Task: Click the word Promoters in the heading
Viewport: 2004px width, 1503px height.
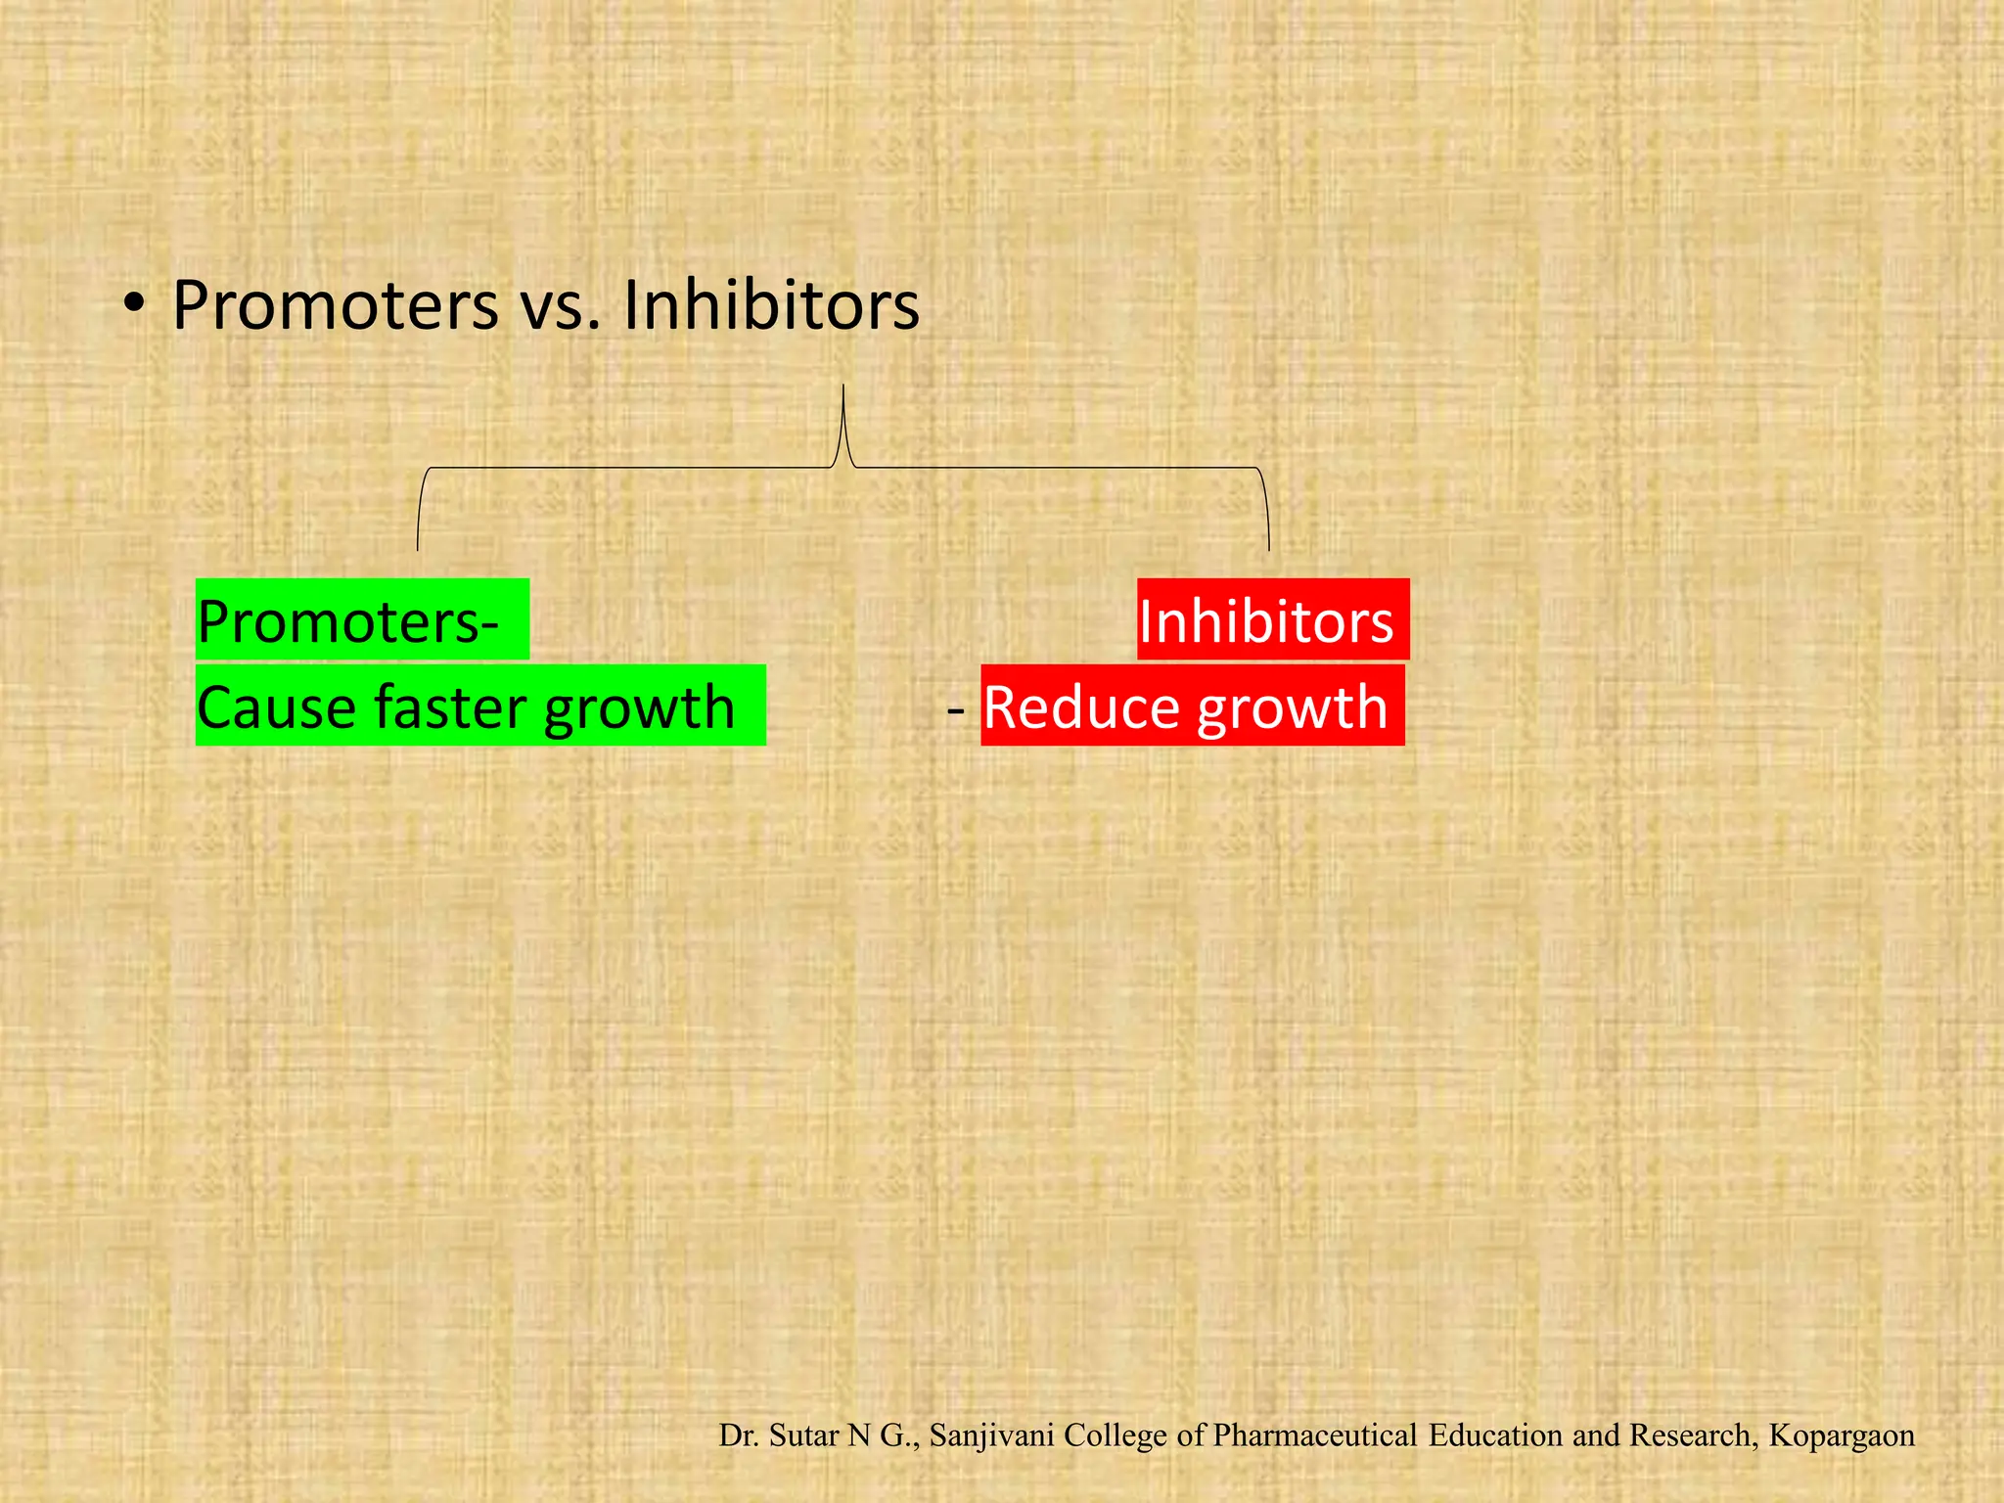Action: click(x=335, y=305)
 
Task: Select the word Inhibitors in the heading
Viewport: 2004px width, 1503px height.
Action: click(x=771, y=305)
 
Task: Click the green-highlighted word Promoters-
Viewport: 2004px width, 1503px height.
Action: click(x=347, y=621)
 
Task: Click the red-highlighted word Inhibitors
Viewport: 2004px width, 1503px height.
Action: click(x=1265, y=621)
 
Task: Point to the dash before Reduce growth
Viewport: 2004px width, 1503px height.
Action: click(x=956, y=707)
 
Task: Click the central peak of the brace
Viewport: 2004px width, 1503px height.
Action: click(x=843, y=391)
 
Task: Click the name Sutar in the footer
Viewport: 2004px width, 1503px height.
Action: click(x=804, y=1435)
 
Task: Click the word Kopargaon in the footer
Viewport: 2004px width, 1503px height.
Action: click(x=1842, y=1435)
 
